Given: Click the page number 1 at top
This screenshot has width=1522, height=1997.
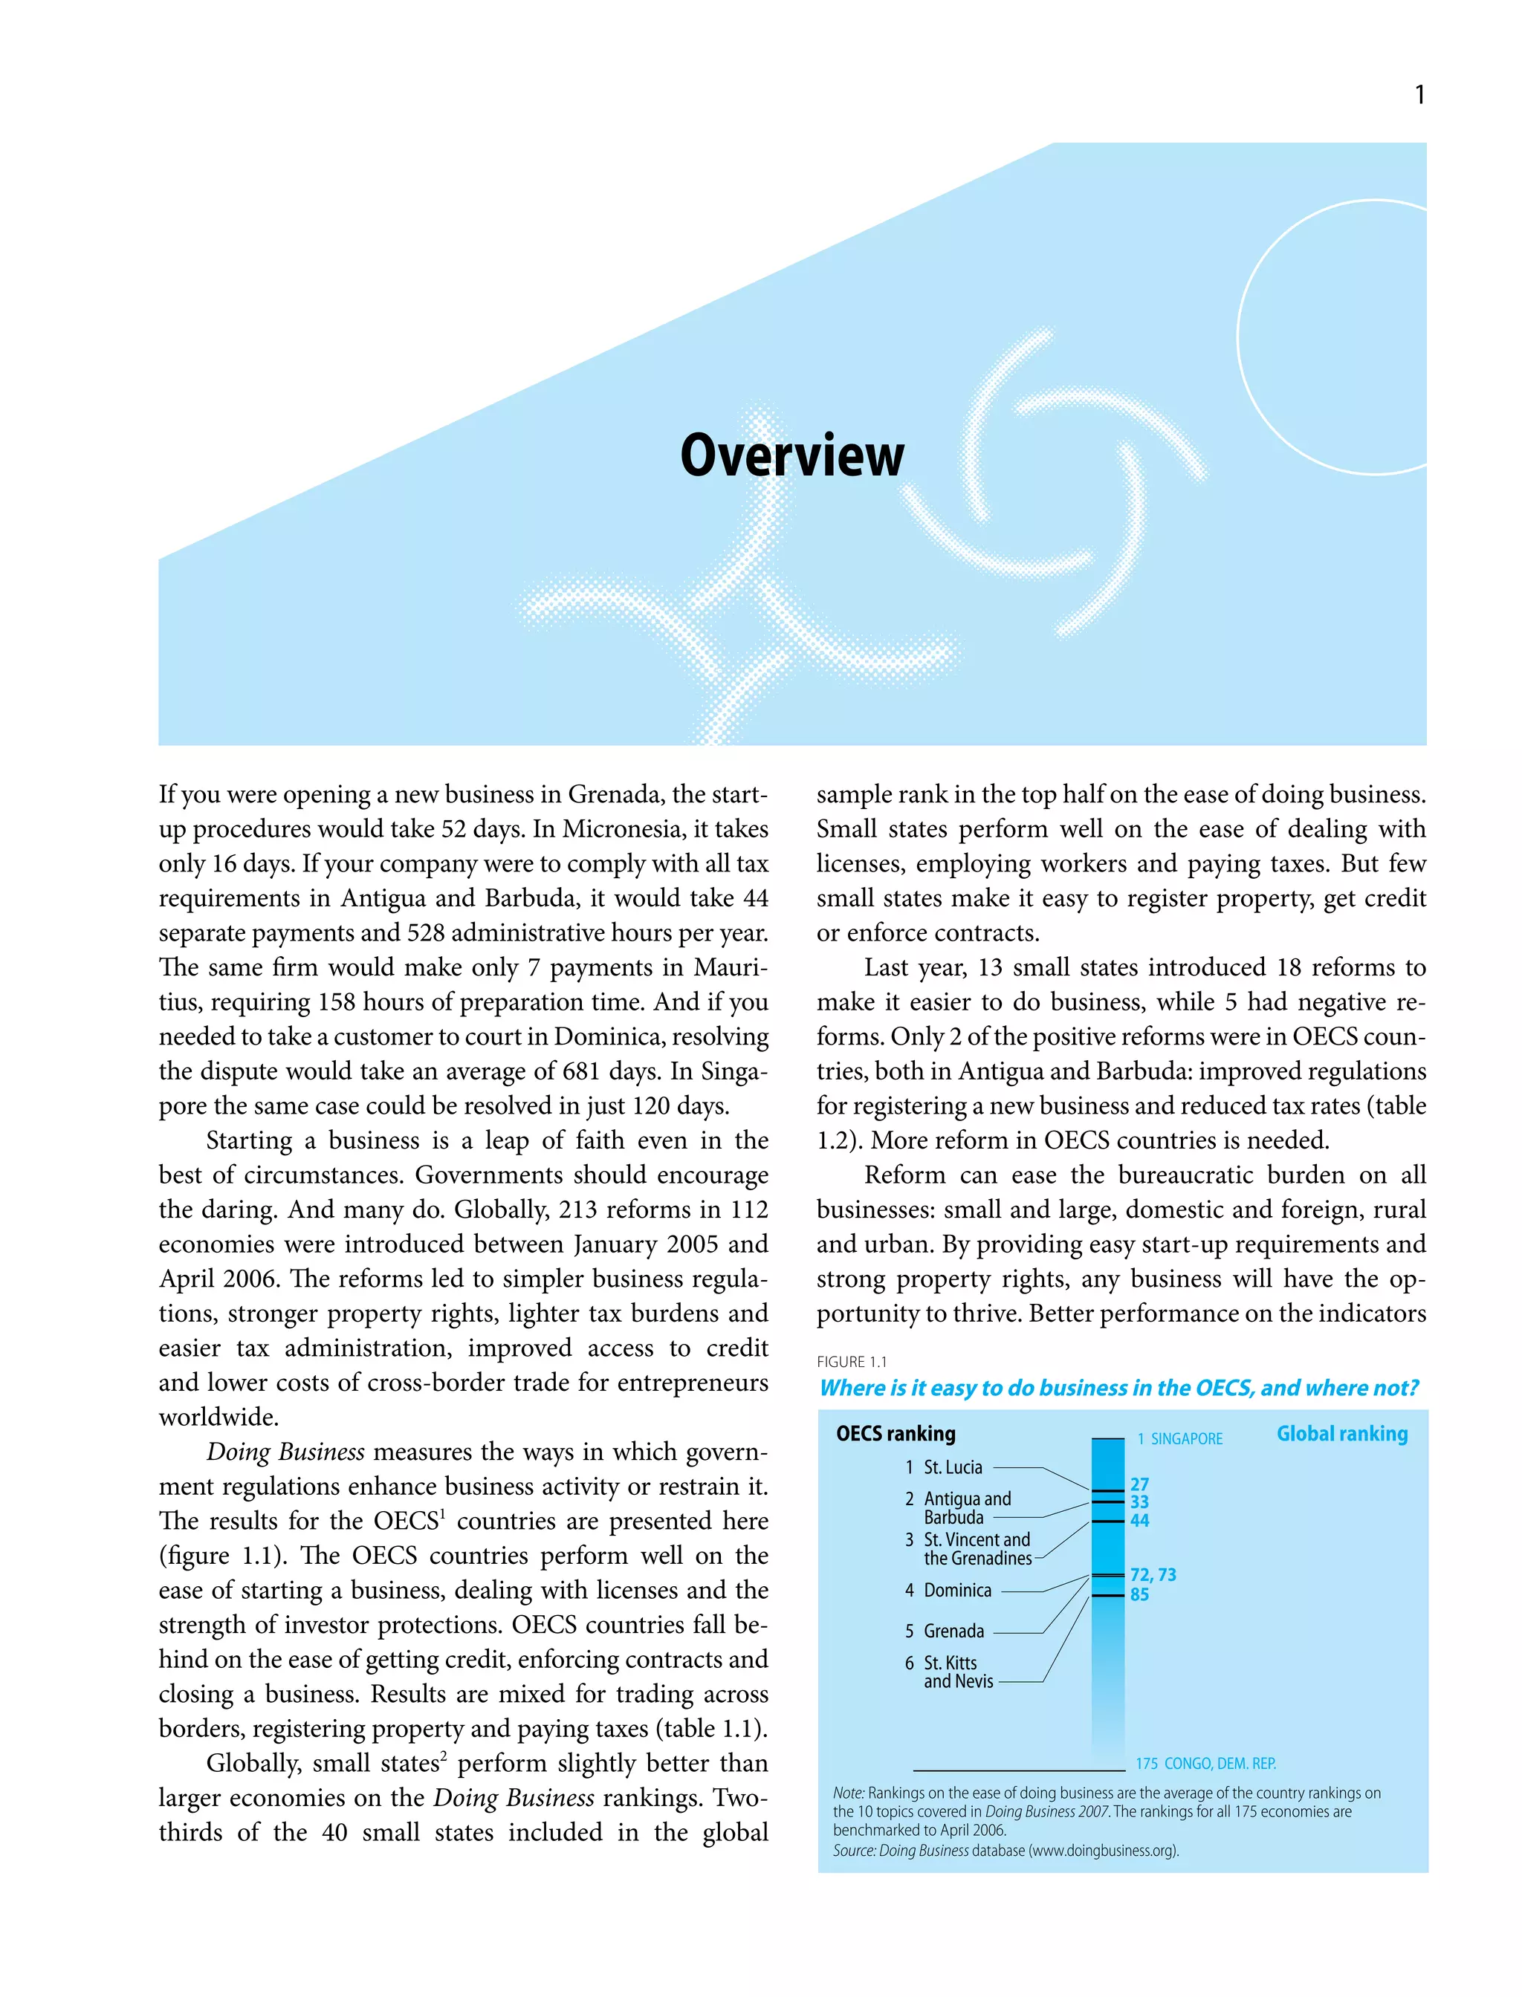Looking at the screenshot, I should pos(1419,94).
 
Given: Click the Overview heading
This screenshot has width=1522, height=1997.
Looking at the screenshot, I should pos(791,455).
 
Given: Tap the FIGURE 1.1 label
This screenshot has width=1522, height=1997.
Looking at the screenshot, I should pos(852,1361).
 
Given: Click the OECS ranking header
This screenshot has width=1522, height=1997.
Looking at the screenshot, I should pos(895,1434).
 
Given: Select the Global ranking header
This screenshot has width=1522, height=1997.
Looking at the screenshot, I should pos(1341,1434).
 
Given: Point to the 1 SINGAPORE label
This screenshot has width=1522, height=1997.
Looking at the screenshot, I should pos(1179,1438).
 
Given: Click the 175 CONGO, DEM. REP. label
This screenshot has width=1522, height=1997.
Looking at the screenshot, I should pos(1205,1763).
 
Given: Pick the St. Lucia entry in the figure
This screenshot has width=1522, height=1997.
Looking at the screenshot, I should pos(952,1467).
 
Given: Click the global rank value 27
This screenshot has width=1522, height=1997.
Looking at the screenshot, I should pos(1139,1484).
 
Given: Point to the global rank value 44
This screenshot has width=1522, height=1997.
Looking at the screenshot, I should pos(1139,1521).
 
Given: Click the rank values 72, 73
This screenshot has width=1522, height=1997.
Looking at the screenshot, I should pos(1153,1575).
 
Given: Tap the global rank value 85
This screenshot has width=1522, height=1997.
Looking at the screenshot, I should pos(1139,1594).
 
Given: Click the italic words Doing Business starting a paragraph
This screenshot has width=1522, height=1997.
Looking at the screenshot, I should pos(285,1452).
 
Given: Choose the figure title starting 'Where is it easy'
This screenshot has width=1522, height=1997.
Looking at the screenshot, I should pos(1118,1389).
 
